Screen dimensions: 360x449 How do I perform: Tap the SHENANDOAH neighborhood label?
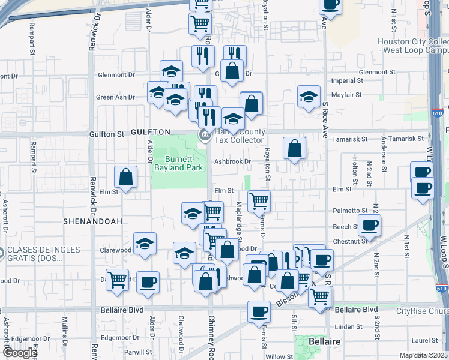pos(92,221)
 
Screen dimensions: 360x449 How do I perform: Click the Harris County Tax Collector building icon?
pos(204,134)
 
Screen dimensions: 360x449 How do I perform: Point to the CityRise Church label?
pos(423,311)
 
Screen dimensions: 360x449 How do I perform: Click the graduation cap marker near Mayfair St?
pos(309,97)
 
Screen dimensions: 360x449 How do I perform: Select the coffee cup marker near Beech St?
pos(369,226)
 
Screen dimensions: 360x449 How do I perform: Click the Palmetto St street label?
pos(350,211)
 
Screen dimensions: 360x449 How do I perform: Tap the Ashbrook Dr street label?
pos(233,161)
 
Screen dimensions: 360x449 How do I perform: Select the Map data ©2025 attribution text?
pos(423,355)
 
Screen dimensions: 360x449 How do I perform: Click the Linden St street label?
pos(348,326)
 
